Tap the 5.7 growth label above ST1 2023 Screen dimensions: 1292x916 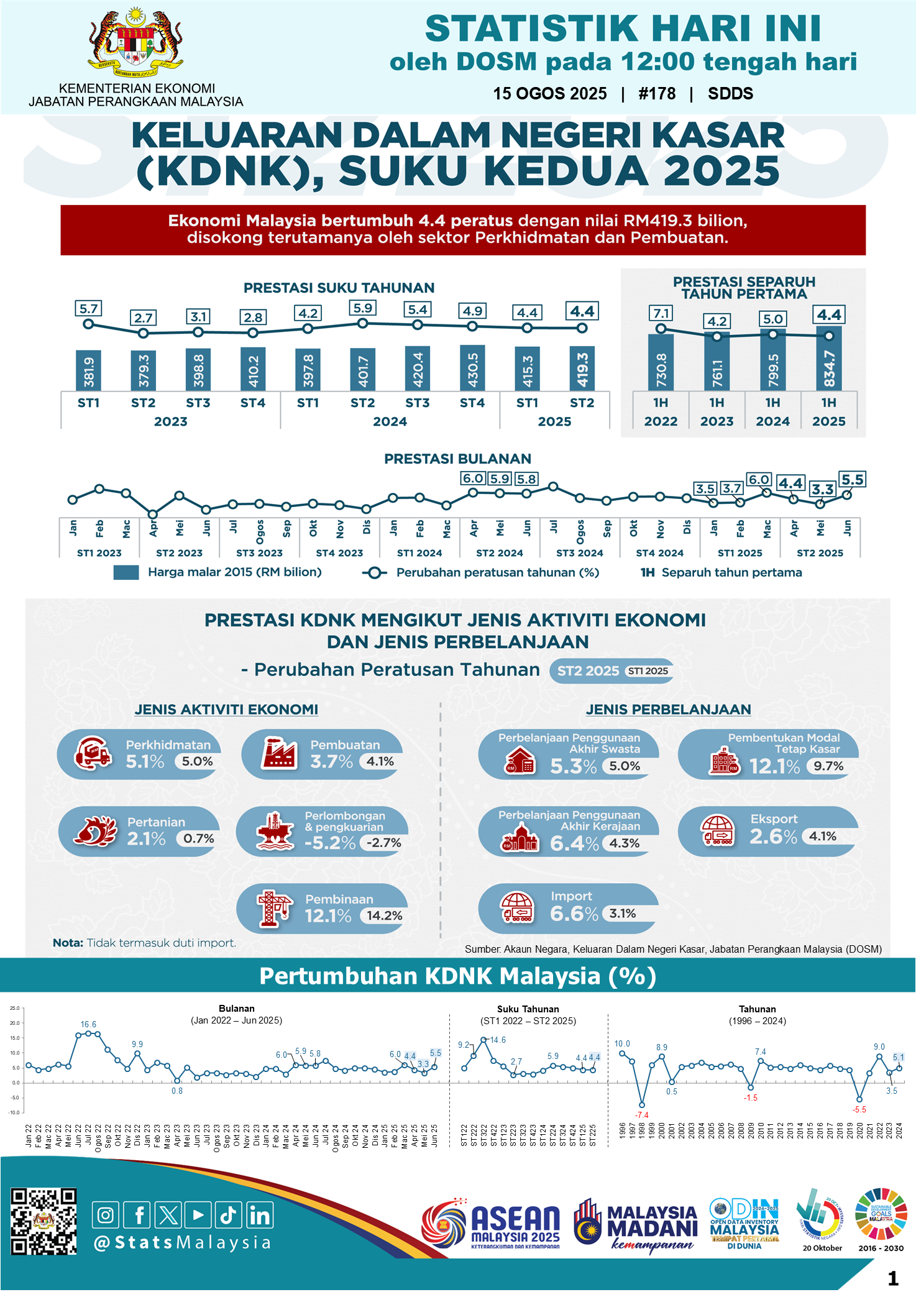pyautogui.click(x=88, y=309)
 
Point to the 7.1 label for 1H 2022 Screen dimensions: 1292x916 pyautogui.click(x=661, y=313)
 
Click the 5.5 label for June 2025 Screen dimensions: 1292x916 pyautogui.click(x=852, y=480)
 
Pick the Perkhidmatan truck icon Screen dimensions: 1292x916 pyautogui.click(x=92, y=753)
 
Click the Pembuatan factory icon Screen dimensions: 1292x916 pyautogui.click(x=278, y=753)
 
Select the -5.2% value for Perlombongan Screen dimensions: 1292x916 pyautogui.click(x=329, y=843)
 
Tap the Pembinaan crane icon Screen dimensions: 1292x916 pyautogui.click(x=275, y=908)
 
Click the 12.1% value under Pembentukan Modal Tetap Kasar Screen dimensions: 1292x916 pyautogui.click(x=774, y=766)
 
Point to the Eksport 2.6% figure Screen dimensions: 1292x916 pyautogui.click(x=772, y=836)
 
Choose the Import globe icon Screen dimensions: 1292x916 pyautogui.click(x=517, y=907)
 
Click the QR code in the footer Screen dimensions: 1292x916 pyautogui.click(x=44, y=1222)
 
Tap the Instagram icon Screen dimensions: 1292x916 pyautogui.click(x=106, y=1215)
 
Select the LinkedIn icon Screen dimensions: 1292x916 pyautogui.click(x=260, y=1215)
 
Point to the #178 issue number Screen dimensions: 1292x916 pyautogui.click(x=657, y=94)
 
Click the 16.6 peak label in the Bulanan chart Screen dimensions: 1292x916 pyautogui.click(x=88, y=1024)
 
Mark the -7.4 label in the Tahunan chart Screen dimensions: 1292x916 pyautogui.click(x=641, y=1115)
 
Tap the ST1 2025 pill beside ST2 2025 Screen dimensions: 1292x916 pyautogui.click(x=648, y=671)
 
